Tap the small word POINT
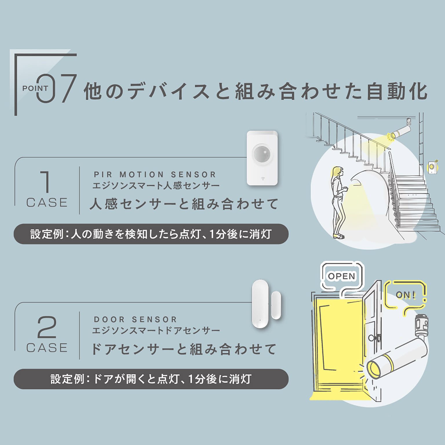pos(35,88)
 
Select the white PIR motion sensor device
pos(262,158)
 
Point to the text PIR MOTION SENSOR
pos(155,175)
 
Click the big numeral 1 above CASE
pos(45,182)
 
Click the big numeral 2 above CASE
pos(47,327)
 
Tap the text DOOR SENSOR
pos(135,320)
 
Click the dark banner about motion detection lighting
pos(151,234)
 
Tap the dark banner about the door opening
pos(151,379)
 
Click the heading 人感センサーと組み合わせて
pos(184,204)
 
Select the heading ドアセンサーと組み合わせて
pos(184,349)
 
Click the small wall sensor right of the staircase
pos(433,167)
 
